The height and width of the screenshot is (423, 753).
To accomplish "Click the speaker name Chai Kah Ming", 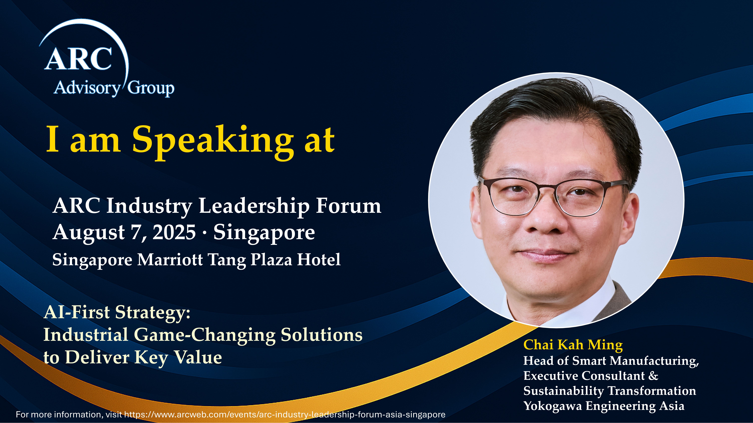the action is point(573,345).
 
